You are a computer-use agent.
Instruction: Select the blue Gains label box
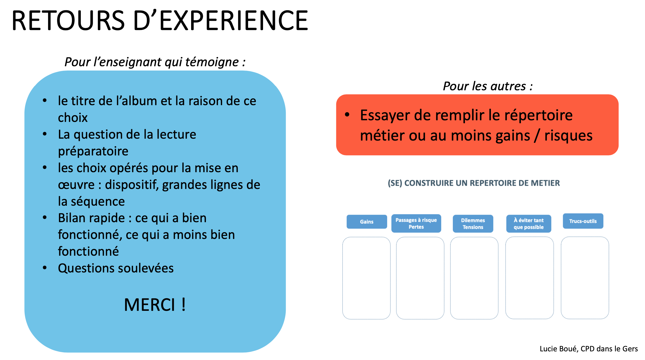click(x=367, y=222)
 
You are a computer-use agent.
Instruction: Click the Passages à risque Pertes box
click(x=416, y=223)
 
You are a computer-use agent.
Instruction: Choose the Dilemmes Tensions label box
click(x=473, y=224)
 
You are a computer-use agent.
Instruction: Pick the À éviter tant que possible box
click(x=528, y=224)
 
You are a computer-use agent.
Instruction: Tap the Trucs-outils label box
click(x=583, y=221)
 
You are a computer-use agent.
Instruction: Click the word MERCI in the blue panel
click(x=149, y=305)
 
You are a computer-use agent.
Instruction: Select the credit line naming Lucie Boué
click(x=589, y=349)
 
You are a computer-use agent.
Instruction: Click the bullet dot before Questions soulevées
click(x=45, y=268)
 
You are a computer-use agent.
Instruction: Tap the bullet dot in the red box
click(x=347, y=115)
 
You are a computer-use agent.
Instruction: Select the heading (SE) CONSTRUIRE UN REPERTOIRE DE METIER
click(x=474, y=183)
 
